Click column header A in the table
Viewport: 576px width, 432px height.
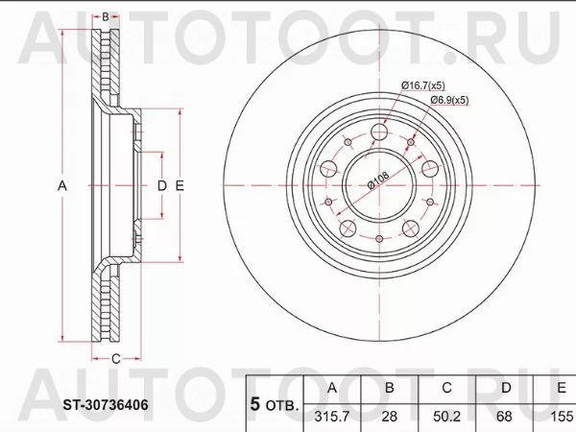point(331,388)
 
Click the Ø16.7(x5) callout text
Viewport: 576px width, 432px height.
point(428,85)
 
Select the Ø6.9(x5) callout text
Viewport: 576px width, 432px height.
point(448,100)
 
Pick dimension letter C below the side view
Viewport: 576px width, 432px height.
point(115,359)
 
